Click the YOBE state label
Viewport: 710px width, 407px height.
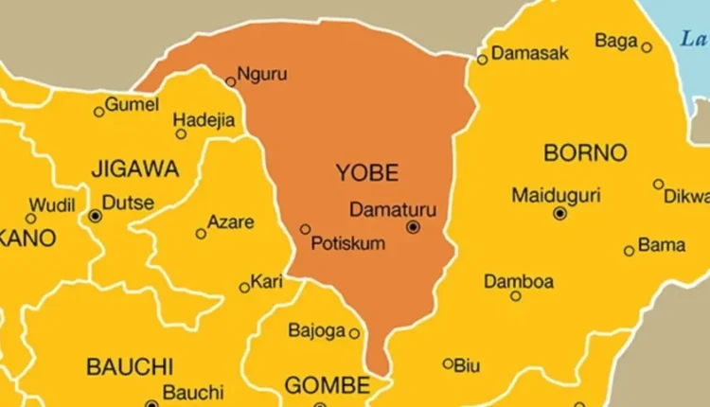click(367, 172)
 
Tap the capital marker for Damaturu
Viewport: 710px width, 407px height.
click(413, 227)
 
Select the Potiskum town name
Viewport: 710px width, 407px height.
click(348, 244)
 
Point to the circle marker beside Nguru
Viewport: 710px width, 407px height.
click(230, 82)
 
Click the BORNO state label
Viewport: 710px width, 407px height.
click(585, 151)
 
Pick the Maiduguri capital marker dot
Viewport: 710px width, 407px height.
click(559, 214)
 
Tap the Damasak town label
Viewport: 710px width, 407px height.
click(530, 53)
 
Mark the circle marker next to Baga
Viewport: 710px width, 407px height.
click(647, 47)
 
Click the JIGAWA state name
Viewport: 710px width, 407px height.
click(133, 169)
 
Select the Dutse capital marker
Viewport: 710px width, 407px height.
click(95, 216)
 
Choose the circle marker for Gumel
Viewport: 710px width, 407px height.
click(98, 112)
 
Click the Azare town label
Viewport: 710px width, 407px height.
click(232, 222)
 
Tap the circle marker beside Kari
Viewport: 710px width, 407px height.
click(244, 287)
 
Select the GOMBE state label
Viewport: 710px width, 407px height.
click(327, 385)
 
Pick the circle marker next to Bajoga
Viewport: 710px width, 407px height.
click(354, 333)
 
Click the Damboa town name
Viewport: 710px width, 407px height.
click(519, 281)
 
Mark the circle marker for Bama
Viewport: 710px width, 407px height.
click(629, 251)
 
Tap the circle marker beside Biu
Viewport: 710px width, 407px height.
click(448, 363)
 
